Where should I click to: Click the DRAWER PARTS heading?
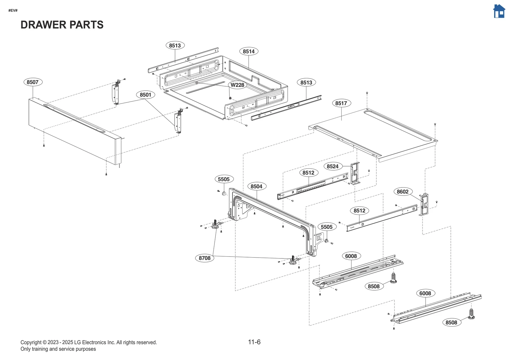tap(62, 25)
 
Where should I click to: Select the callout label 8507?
tap(32, 82)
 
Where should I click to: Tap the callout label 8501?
tap(145, 95)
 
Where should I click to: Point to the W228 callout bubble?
tap(237, 85)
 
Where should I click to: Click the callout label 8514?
tap(248, 51)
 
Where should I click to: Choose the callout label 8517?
tap(341, 103)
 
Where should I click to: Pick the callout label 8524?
tap(332, 166)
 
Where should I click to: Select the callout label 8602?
tap(402, 192)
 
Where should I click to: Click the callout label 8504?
tap(256, 186)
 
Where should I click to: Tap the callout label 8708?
tap(205, 258)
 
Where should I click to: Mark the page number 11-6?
tap(254, 342)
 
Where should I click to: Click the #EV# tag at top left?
tap(13, 11)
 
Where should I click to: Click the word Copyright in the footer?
tap(31, 342)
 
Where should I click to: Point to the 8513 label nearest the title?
tap(175, 46)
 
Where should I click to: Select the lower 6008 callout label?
tap(425, 293)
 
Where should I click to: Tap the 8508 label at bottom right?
tap(451, 322)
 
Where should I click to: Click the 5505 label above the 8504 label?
tap(224, 179)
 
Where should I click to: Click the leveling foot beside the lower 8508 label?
tap(471, 314)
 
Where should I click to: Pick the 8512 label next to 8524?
tap(308, 173)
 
